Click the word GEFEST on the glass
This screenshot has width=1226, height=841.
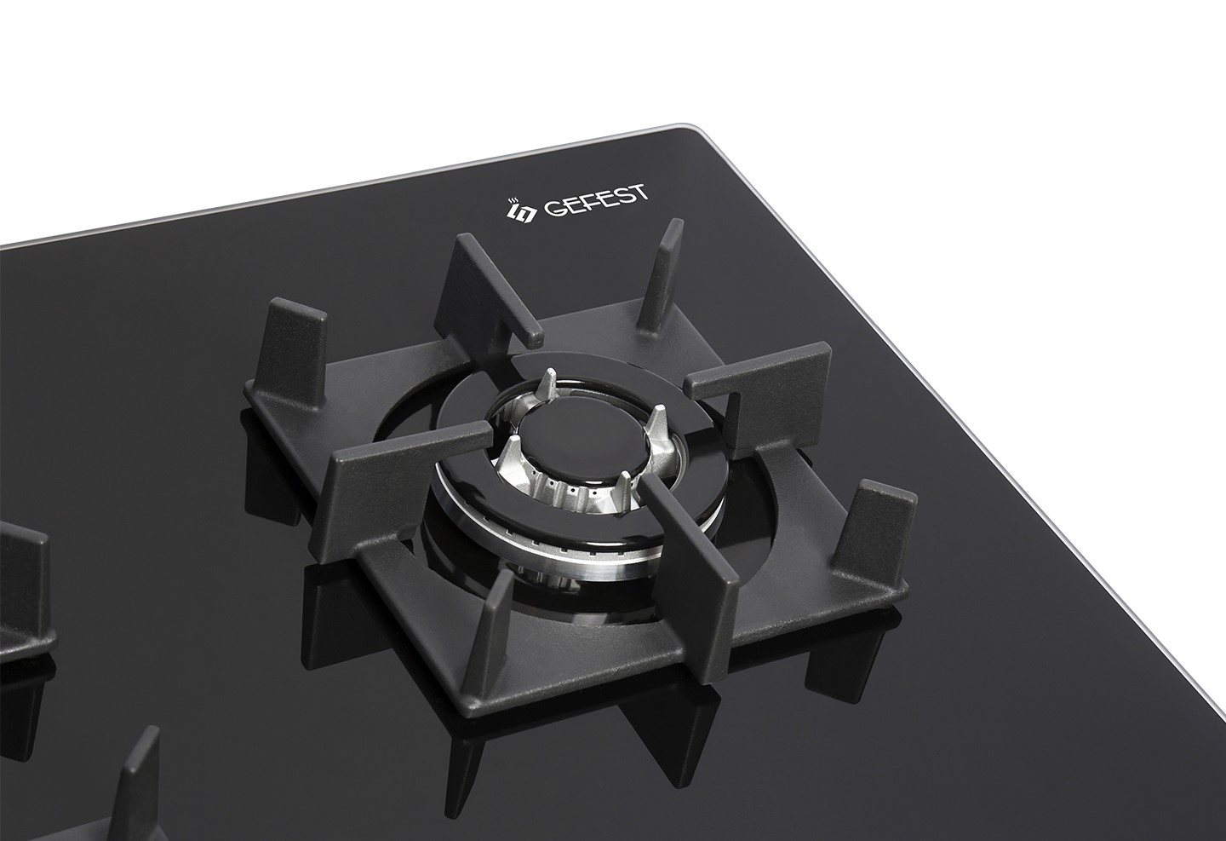coord(595,201)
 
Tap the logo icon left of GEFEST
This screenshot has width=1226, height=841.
coord(518,211)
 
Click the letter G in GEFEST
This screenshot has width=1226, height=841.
coord(553,210)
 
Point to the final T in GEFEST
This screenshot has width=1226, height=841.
coord(640,193)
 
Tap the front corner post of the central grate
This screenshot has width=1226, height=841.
coord(486,636)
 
